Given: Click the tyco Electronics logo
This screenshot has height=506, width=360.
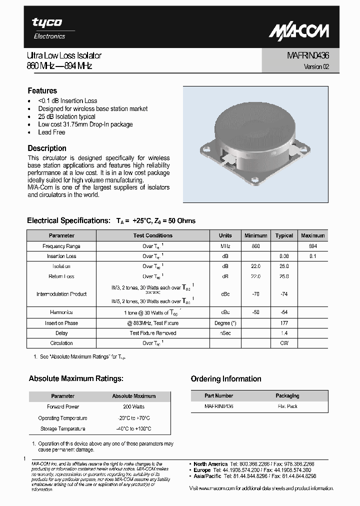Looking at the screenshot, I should click(48, 28).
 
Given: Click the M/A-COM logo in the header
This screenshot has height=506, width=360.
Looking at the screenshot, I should click(299, 31).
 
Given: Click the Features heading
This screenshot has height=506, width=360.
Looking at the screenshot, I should click(42, 90).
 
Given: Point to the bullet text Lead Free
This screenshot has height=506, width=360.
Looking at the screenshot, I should click(51, 132).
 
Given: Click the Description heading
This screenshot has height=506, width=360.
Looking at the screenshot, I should click(47, 148).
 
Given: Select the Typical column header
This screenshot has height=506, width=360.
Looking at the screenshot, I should click(284, 235).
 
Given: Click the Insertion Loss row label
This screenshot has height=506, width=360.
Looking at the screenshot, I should click(61, 256).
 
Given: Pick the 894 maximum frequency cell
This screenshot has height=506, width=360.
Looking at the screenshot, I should click(313, 246).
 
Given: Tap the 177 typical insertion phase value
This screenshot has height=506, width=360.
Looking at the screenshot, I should click(284, 323).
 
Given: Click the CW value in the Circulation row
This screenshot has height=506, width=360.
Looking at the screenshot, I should click(284, 343).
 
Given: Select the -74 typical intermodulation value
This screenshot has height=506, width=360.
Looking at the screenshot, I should click(284, 294).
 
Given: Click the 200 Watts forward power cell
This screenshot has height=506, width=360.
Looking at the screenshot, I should click(133, 407).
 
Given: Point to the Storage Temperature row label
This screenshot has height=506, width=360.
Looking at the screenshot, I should click(62, 429).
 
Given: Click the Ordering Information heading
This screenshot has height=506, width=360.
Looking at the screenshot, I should click(226, 379).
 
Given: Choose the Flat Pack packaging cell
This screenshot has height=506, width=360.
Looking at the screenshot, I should click(287, 406).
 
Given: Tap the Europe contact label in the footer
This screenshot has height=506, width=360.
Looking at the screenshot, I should click(202, 470).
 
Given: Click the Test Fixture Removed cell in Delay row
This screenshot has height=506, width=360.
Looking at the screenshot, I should click(153, 333).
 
